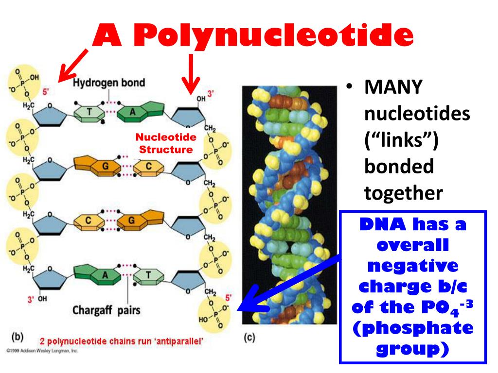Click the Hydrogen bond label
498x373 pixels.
[109, 82]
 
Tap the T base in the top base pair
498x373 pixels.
[89, 113]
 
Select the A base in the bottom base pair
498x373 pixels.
[104, 275]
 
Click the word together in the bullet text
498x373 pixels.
[403, 193]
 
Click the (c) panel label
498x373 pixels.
[249, 338]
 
